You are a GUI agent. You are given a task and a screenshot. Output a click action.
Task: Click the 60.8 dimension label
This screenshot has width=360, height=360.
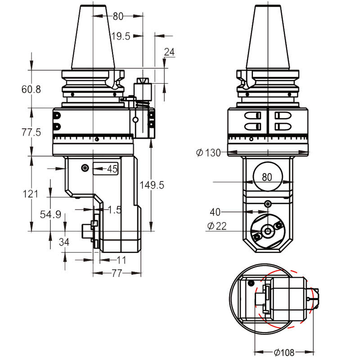(31, 89)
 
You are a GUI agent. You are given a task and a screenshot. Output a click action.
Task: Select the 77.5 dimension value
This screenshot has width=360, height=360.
(31, 132)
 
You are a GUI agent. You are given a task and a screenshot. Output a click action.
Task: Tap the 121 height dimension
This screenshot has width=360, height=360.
(30, 193)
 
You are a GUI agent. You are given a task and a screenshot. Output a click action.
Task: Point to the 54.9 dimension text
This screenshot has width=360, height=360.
(50, 215)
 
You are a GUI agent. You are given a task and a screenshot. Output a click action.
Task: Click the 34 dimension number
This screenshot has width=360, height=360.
(64, 243)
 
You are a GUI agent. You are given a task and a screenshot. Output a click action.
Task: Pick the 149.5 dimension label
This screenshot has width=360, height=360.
(152, 185)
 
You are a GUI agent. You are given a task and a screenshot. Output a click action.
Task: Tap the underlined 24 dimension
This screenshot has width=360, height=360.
(169, 52)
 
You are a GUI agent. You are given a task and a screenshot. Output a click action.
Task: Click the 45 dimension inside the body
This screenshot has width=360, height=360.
(112, 169)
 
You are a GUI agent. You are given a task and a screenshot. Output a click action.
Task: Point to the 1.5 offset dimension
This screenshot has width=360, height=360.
(115, 210)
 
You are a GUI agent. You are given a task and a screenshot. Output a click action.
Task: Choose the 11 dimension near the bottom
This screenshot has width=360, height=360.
(121, 260)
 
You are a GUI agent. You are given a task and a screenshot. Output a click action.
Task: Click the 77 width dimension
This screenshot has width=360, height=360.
(117, 273)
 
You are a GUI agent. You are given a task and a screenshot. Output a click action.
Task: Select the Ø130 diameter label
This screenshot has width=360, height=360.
(208, 153)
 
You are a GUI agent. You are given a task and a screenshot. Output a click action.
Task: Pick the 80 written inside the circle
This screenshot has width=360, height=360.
(267, 177)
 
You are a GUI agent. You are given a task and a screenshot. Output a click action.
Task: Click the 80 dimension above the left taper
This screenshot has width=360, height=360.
(118, 17)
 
